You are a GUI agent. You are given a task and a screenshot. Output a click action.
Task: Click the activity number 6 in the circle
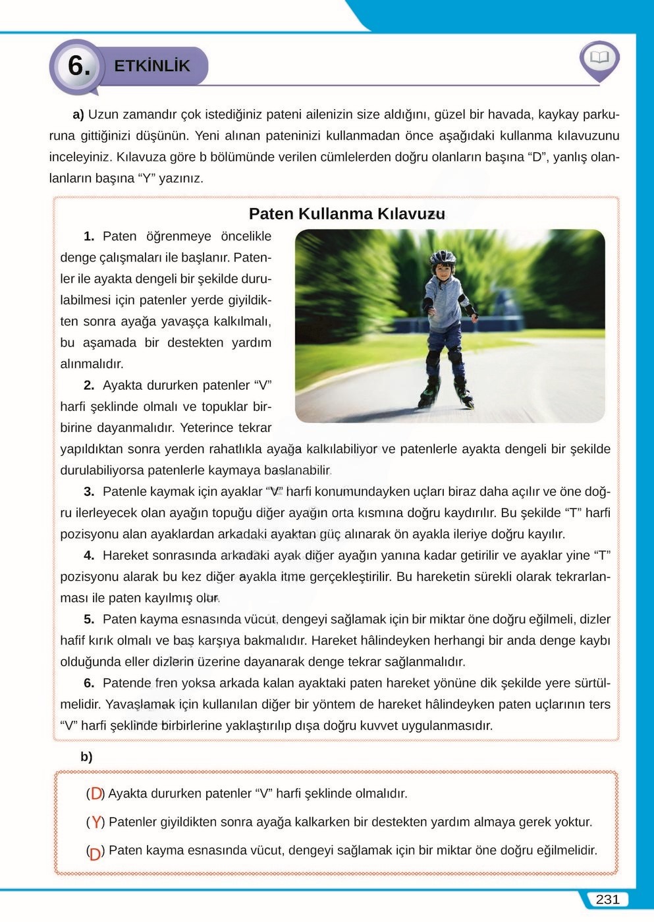click(x=78, y=66)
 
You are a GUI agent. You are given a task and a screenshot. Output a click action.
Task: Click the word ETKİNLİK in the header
click(x=151, y=66)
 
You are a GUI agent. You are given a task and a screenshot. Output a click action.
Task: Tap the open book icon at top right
click(x=599, y=58)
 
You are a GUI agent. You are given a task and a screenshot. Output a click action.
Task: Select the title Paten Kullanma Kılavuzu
click(x=346, y=214)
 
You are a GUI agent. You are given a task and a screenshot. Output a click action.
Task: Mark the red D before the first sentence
click(x=96, y=794)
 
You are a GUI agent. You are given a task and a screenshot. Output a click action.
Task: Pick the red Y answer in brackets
click(x=96, y=822)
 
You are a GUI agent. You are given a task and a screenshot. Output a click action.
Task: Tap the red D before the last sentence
click(x=95, y=852)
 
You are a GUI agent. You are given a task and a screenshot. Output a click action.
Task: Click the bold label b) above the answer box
click(x=86, y=757)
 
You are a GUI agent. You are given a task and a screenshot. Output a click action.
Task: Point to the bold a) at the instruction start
click(x=78, y=115)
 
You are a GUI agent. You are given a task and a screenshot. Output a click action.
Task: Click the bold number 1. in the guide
click(x=89, y=236)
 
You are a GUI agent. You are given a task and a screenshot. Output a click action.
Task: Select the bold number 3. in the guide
click(x=89, y=491)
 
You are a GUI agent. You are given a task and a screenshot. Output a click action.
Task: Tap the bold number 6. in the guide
click(x=89, y=683)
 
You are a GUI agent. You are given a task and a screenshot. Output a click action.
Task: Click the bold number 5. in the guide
click(x=89, y=619)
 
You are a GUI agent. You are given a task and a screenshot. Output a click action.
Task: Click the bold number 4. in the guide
click(x=89, y=555)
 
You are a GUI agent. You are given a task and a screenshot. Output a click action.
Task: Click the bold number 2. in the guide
click(x=89, y=385)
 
